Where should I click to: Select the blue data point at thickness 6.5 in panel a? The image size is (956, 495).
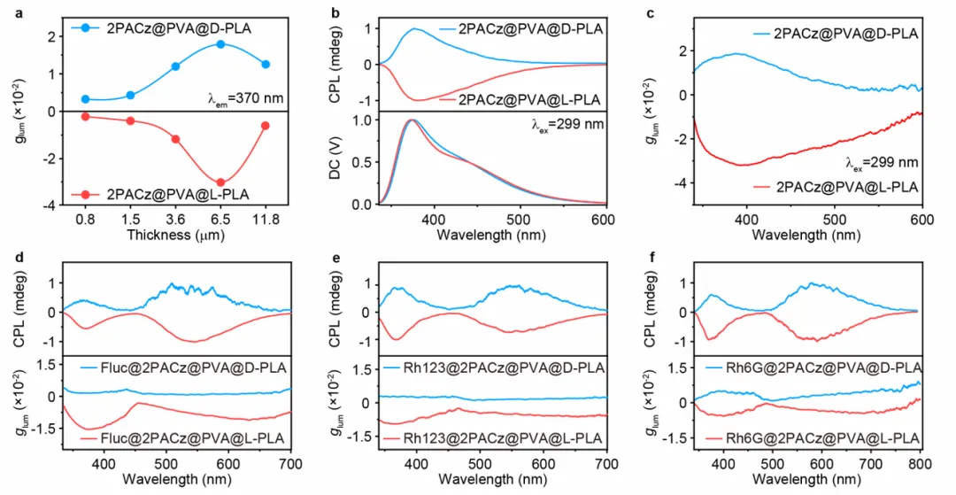click(220, 44)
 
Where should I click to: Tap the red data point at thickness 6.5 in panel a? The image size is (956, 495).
click(220, 182)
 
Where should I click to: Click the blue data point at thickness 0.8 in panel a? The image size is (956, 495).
click(86, 99)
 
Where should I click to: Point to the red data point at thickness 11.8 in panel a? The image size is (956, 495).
click(266, 126)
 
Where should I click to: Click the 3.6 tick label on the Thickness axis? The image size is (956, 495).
click(175, 219)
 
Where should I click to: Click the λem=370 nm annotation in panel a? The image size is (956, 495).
click(244, 98)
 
